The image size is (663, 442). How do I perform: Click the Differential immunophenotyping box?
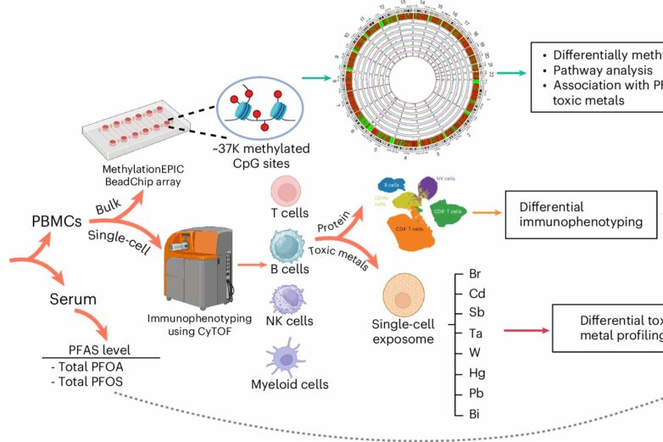click(x=581, y=215)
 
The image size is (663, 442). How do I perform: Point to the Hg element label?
click(x=476, y=372)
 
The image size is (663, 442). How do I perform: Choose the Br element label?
click(x=475, y=275)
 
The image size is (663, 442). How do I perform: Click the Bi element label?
click(x=474, y=413)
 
